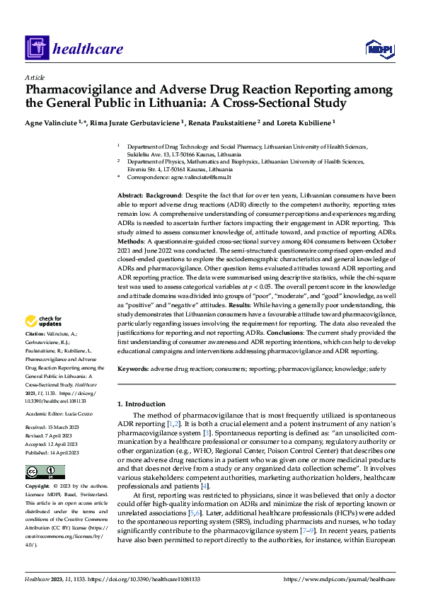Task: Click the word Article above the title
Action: (35, 76)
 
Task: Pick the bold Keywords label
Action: (133, 369)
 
